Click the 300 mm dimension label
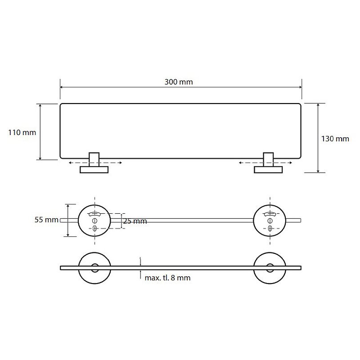[179, 82]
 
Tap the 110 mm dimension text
[22, 132]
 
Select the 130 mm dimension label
[335, 139]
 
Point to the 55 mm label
[46, 220]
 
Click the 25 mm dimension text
[135, 221]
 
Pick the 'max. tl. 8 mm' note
[167, 278]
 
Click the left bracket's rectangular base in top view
[94, 170]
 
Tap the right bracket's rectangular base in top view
[268, 170]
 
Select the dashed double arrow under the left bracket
[95, 163]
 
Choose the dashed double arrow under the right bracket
[265, 163]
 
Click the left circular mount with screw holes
[94, 220]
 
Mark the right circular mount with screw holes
[270, 220]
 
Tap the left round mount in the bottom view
[94, 268]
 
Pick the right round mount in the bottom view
[270, 268]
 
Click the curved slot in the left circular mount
[94, 214]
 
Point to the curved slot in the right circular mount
[270, 214]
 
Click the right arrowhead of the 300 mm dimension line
[300, 87]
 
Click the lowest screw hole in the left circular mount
[94, 228]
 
